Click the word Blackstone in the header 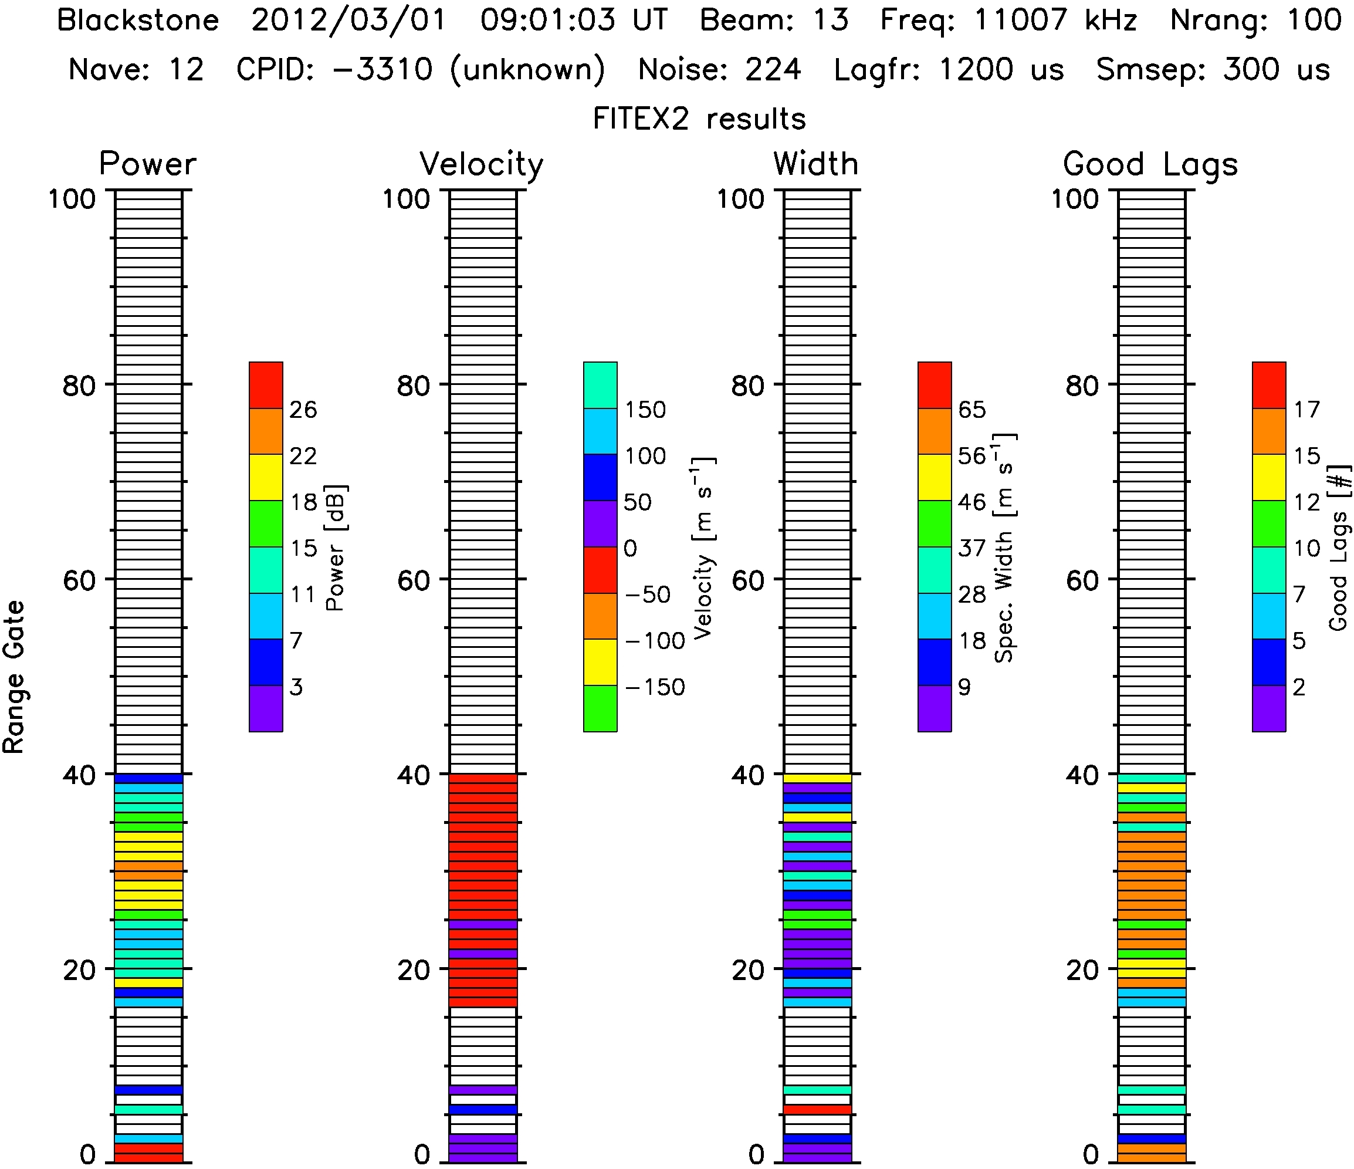point(138,21)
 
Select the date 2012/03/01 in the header point(348,21)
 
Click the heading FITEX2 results point(699,119)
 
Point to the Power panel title point(147,164)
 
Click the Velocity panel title point(482,164)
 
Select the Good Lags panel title point(1150,164)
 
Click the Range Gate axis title point(15,677)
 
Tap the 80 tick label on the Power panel point(79,386)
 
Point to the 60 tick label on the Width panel point(747,580)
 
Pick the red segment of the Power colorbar point(266,385)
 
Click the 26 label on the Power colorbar point(303,410)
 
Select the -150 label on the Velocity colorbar point(655,687)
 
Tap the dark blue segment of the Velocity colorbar point(600,477)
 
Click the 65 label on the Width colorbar point(972,410)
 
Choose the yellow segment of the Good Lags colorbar point(1269,477)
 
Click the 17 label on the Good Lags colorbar point(1307,410)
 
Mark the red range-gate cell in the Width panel point(817,1110)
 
